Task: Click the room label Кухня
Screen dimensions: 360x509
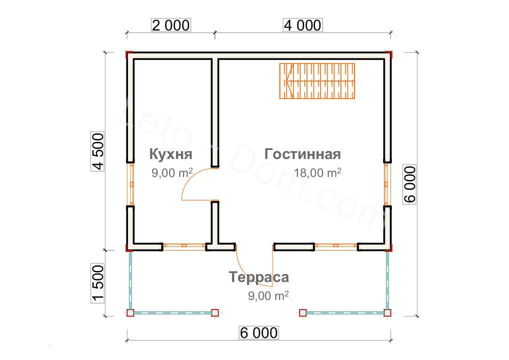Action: point(171,154)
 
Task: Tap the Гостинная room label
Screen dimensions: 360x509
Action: point(302,154)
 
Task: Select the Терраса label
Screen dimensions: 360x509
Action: point(259,277)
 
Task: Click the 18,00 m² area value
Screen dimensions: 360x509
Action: point(317,173)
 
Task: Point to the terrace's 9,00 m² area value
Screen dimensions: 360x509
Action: point(268,295)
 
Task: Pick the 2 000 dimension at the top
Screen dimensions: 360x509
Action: point(170,25)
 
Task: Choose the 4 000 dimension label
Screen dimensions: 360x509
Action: point(302,25)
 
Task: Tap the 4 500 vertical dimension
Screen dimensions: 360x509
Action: point(97,151)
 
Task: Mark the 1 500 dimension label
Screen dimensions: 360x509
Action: point(97,283)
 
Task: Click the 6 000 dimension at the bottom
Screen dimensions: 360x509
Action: point(258,332)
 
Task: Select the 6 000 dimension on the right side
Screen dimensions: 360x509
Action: point(409,184)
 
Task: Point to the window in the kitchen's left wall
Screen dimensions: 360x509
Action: point(130,184)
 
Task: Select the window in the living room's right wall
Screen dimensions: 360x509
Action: point(386,184)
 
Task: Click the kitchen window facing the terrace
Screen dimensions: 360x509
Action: point(184,246)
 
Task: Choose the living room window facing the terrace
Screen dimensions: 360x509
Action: point(336,246)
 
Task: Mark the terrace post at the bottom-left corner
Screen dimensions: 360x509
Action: point(130,313)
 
